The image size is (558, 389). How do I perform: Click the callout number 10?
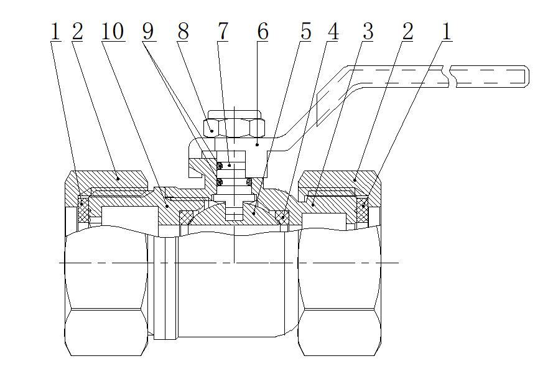click(113, 32)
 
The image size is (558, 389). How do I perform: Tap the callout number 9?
click(149, 32)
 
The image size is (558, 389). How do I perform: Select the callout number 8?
click(182, 32)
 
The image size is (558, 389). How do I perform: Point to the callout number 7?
click(222, 32)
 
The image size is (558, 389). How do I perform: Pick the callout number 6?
click(263, 32)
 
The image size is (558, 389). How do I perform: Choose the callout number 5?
click(305, 32)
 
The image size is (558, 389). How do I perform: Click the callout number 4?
click(333, 32)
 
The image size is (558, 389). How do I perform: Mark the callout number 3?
click(368, 32)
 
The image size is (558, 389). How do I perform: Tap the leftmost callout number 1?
click(55, 32)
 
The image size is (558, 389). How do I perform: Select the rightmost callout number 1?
click(446, 32)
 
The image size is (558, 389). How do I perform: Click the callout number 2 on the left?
click(77, 32)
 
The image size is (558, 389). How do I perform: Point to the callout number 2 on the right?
click(407, 32)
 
